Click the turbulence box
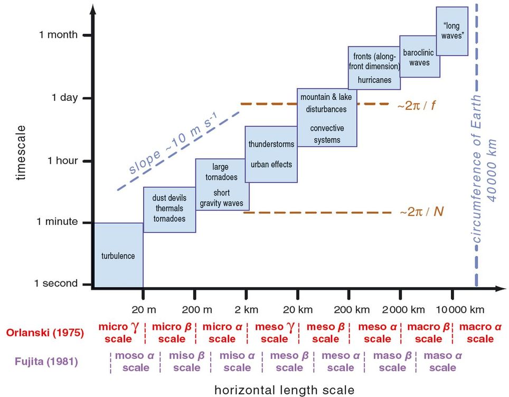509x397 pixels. (x=118, y=256)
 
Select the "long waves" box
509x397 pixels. (x=451, y=31)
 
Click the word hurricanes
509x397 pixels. (x=374, y=80)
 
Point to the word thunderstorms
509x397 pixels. (x=271, y=144)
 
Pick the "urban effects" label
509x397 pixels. (x=271, y=164)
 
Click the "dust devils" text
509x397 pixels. (x=169, y=198)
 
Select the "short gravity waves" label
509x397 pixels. (x=221, y=199)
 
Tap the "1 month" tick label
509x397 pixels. (x=58, y=35)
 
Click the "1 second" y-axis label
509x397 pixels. (x=56, y=283)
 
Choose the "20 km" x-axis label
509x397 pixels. (x=298, y=308)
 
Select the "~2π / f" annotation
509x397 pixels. (x=417, y=105)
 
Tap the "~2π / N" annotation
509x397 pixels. (x=421, y=212)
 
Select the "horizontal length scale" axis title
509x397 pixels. (x=284, y=390)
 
